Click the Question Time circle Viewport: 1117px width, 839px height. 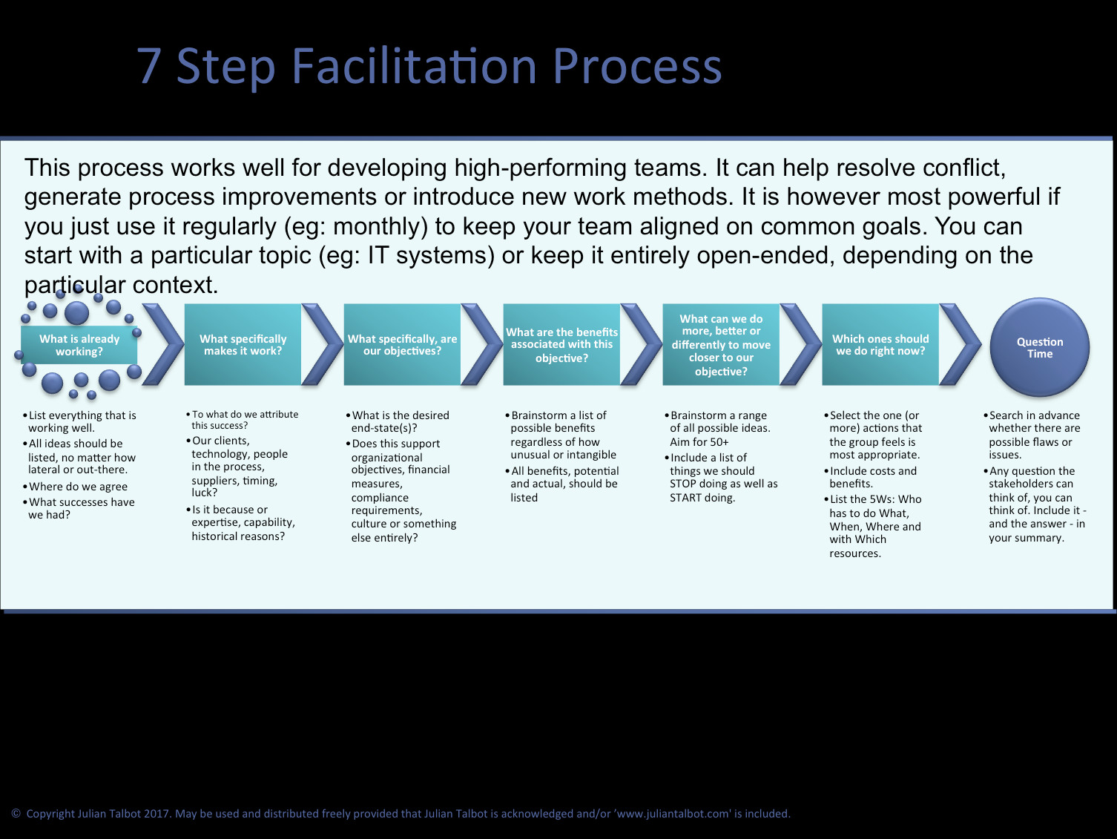(1039, 347)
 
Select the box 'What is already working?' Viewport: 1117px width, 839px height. (79, 345)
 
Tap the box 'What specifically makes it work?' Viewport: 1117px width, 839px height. (243, 345)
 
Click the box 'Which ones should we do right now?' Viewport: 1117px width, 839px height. (880, 345)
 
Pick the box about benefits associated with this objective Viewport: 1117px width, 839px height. (561, 345)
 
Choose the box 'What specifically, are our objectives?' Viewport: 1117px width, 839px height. (402, 345)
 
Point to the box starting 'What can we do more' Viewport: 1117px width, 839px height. (721, 345)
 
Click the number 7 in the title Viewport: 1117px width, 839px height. (149, 67)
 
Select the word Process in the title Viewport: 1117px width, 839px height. (636, 67)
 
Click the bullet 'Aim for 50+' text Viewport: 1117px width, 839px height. (699, 442)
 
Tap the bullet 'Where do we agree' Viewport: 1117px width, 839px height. (78, 487)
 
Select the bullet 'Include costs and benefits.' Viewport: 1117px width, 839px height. (873, 477)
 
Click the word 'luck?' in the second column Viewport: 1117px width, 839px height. (204, 493)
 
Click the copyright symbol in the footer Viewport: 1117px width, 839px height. (16, 814)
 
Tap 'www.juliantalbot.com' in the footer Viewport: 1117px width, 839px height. (673, 814)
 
